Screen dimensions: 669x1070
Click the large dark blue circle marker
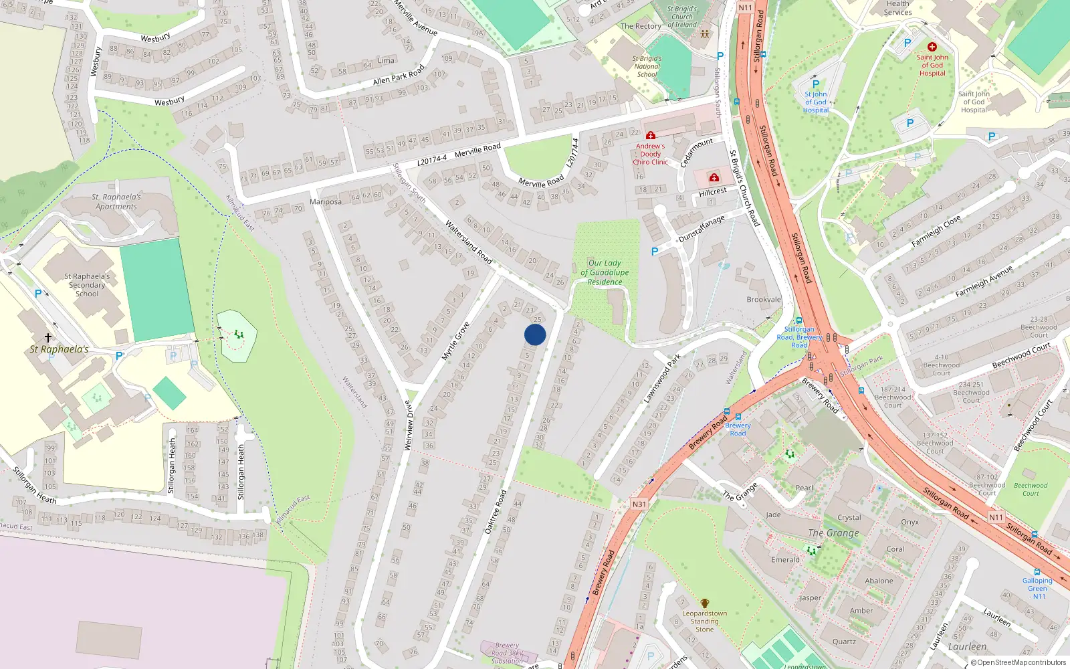[535, 334]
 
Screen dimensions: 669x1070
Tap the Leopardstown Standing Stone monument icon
[704, 603]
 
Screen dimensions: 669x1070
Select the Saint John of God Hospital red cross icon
[932, 47]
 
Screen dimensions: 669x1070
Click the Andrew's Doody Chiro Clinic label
[650, 154]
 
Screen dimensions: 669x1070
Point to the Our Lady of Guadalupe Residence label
[605, 272]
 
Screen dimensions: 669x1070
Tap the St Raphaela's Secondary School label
[87, 285]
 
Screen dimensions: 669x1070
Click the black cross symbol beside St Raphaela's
[48, 338]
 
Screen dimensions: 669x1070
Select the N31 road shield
[639, 504]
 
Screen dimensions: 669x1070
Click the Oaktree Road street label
[496, 512]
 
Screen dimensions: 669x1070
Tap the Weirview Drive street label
[409, 425]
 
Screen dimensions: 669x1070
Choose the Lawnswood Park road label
[661, 379]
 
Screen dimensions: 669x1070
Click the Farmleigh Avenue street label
[984, 281]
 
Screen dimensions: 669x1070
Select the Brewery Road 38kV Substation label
[507, 653]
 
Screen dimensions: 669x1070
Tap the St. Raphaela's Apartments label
[116, 202]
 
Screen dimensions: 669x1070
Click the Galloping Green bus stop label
[1037, 588]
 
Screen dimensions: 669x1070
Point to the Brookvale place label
[764, 300]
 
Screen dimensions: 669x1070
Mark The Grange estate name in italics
[833, 533]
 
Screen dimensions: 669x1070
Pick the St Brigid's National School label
[647, 66]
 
